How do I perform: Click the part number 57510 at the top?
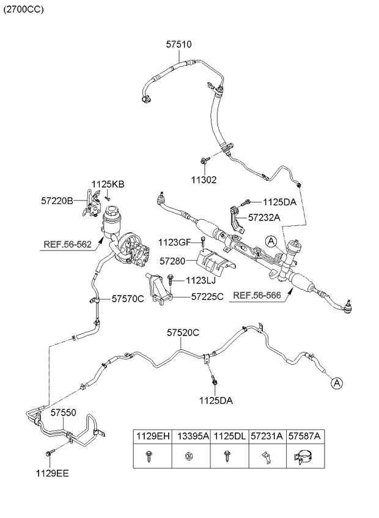(178, 45)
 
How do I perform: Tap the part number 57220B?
(57, 200)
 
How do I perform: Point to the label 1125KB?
(108, 184)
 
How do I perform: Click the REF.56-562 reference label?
(67, 244)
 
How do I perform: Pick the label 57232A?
(265, 217)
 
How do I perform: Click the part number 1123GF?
(174, 242)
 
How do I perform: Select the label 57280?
(172, 261)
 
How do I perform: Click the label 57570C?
(128, 299)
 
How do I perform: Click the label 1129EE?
(52, 472)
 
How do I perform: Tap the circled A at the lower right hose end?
(336, 383)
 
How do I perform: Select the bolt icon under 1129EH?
(149, 456)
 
